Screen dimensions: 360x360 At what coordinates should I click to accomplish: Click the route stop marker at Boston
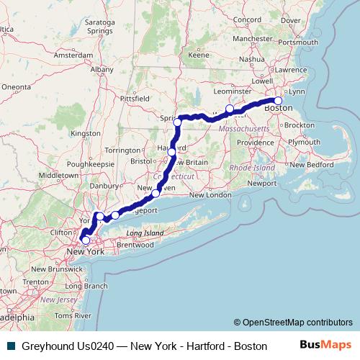click(279, 101)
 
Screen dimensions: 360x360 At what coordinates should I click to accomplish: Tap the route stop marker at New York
click(86, 240)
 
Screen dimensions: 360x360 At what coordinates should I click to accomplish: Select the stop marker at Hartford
click(172, 152)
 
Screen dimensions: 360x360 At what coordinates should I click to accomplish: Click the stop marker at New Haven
click(156, 193)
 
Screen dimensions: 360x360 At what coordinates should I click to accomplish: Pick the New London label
click(210, 195)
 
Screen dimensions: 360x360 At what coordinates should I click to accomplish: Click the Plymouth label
click(304, 142)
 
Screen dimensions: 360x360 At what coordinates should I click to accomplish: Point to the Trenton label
click(35, 282)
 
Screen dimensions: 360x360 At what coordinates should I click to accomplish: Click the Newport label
click(262, 183)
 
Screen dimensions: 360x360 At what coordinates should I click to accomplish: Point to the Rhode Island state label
click(252, 167)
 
